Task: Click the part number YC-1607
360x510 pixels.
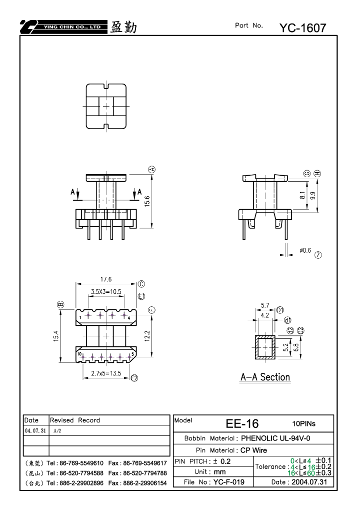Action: coord(302,28)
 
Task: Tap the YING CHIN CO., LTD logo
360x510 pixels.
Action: coord(63,27)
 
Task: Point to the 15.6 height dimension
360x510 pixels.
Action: coord(147,201)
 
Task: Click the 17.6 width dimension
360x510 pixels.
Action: coord(106,279)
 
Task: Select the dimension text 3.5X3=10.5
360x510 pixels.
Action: coord(106,291)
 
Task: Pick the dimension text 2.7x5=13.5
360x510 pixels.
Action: coord(106,373)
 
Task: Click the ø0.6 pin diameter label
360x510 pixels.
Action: coord(305,250)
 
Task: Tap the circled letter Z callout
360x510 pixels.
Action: coord(318,255)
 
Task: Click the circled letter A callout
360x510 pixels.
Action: coord(151,169)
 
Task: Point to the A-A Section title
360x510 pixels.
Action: coord(265,377)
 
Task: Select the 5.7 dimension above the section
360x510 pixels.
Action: coord(265,305)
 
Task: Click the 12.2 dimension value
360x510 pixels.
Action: coord(147,336)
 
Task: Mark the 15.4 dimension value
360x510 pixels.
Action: coord(56,336)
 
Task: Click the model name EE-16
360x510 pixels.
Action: coord(242,423)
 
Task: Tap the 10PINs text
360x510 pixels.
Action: coord(304,423)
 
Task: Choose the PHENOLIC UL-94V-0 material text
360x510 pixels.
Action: coord(275,438)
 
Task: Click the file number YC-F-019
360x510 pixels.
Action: coord(228,482)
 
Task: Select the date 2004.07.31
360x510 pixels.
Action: coord(309,482)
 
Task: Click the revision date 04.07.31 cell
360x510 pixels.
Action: coord(35,430)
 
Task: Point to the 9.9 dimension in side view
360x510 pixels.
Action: coord(312,196)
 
